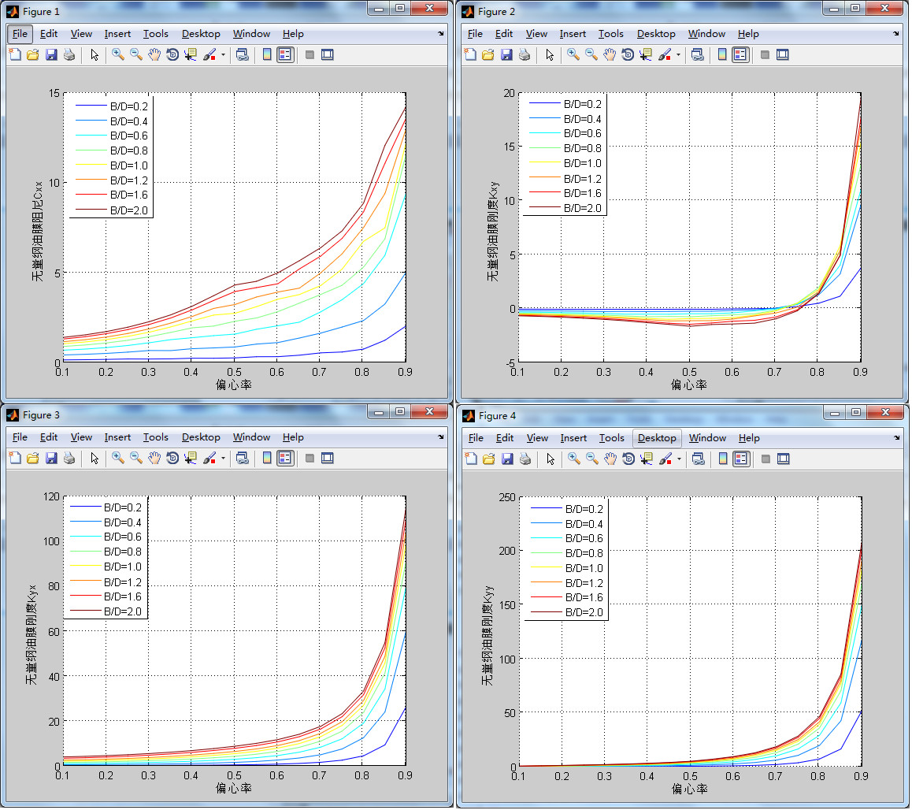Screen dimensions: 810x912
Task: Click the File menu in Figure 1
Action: pos(20,34)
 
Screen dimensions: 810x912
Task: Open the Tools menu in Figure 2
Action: pos(610,34)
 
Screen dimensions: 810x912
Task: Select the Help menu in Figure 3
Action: pos(293,437)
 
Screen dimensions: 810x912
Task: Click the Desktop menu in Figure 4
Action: pos(657,438)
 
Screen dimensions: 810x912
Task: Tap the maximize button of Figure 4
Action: pos(857,412)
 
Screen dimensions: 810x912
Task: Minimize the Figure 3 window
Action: pos(380,411)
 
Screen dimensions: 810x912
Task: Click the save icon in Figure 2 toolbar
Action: pos(506,55)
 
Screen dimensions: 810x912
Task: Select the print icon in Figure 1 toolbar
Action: pos(69,55)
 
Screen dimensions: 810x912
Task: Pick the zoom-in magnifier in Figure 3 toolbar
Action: pos(117,458)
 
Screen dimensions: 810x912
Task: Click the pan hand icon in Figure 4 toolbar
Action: pos(610,459)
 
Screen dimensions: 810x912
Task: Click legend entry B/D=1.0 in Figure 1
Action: pos(128,165)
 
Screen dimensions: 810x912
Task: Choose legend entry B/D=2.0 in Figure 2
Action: pos(582,208)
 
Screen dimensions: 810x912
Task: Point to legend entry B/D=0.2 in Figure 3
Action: pos(122,508)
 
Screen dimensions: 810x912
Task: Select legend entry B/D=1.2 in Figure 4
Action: pos(584,583)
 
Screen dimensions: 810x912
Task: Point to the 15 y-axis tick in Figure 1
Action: pos(54,94)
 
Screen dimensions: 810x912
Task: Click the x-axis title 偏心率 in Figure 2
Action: pos(688,385)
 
